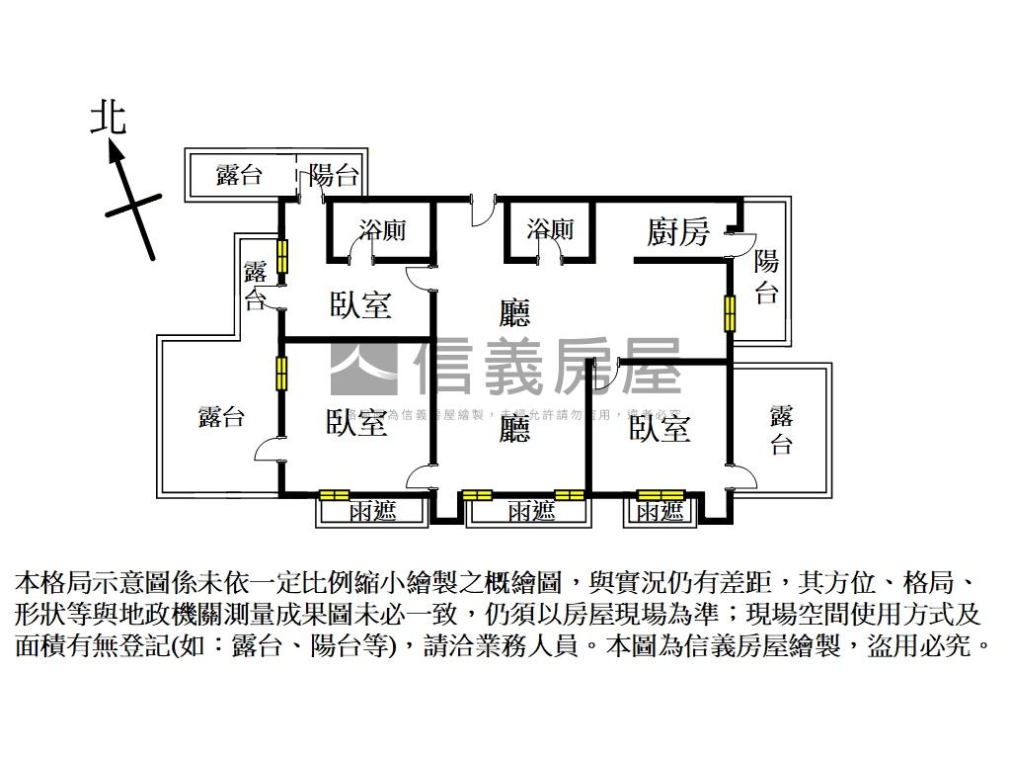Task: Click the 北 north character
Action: pos(109,119)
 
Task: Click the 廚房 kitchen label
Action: pos(678,232)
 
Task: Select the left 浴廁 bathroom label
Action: pos(382,230)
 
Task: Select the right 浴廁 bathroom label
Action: pos(550,229)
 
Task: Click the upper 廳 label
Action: pos(514,314)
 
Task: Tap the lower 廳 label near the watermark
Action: pos(513,429)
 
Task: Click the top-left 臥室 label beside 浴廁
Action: pos(360,304)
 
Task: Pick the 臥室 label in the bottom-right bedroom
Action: pos(660,428)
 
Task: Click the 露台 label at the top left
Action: pos(240,176)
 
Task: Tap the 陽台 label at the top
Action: pos(333,176)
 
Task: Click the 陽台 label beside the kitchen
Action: pos(767,277)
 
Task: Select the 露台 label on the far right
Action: pos(781,429)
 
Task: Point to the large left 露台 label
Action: pos(221,416)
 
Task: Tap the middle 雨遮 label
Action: pos(531,512)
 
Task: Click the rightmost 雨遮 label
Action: pos(660,512)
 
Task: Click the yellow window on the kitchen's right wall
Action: pos(730,313)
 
